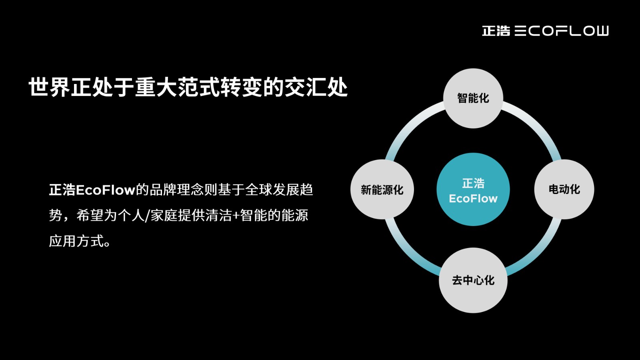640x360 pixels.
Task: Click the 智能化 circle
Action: (473, 98)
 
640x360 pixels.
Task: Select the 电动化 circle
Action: (564, 190)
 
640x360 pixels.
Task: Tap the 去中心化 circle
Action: (473, 280)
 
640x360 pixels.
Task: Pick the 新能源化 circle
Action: (382, 190)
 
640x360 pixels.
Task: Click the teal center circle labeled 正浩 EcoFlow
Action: (473, 190)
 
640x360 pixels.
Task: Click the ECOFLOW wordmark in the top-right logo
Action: (562, 31)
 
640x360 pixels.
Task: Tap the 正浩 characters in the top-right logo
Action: (496, 31)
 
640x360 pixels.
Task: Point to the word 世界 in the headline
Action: (50, 87)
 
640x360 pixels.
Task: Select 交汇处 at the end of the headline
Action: (316, 87)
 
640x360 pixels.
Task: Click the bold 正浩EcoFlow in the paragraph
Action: (92, 190)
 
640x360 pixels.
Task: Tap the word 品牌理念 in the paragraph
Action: (176, 190)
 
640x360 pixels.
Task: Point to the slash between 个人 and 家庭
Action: (148, 216)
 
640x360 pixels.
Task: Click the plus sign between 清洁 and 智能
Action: (236, 216)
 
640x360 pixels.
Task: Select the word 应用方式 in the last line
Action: (76, 241)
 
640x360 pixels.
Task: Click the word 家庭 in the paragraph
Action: (164, 216)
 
